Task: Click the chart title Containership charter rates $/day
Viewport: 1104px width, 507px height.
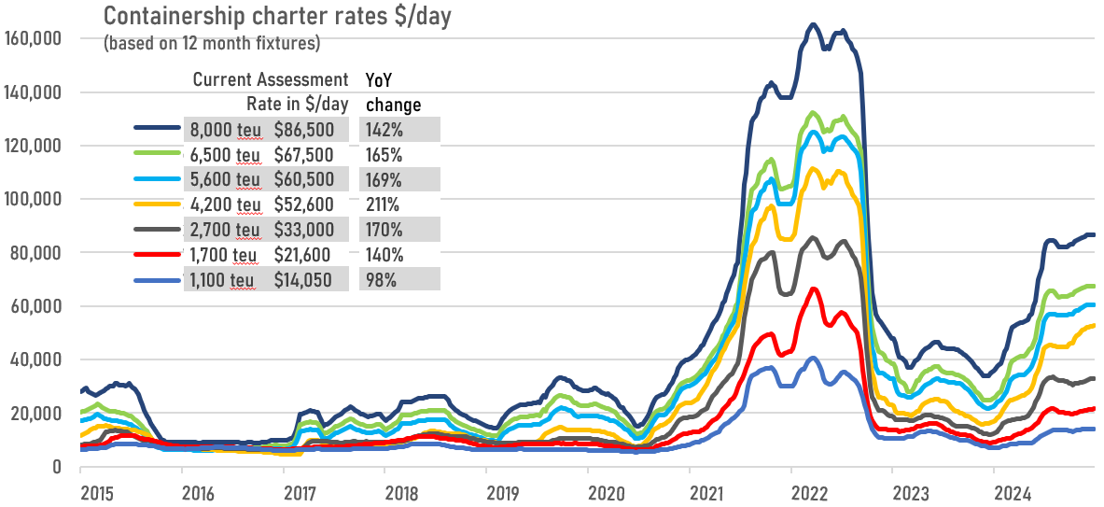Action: tap(277, 16)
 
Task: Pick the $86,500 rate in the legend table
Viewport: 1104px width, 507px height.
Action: tap(317, 130)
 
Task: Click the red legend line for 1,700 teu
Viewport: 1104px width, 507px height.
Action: tap(159, 254)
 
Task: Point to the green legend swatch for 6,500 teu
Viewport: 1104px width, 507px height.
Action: tap(159, 153)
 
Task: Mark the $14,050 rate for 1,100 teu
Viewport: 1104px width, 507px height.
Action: tap(317, 280)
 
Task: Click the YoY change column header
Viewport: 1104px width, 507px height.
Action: tap(394, 92)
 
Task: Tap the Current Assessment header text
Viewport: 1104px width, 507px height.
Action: tap(271, 78)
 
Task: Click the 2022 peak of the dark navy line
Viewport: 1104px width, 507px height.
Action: tap(813, 24)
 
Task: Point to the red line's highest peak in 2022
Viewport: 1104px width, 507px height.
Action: tap(813, 289)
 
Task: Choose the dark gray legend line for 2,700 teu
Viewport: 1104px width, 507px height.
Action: tap(159, 229)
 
